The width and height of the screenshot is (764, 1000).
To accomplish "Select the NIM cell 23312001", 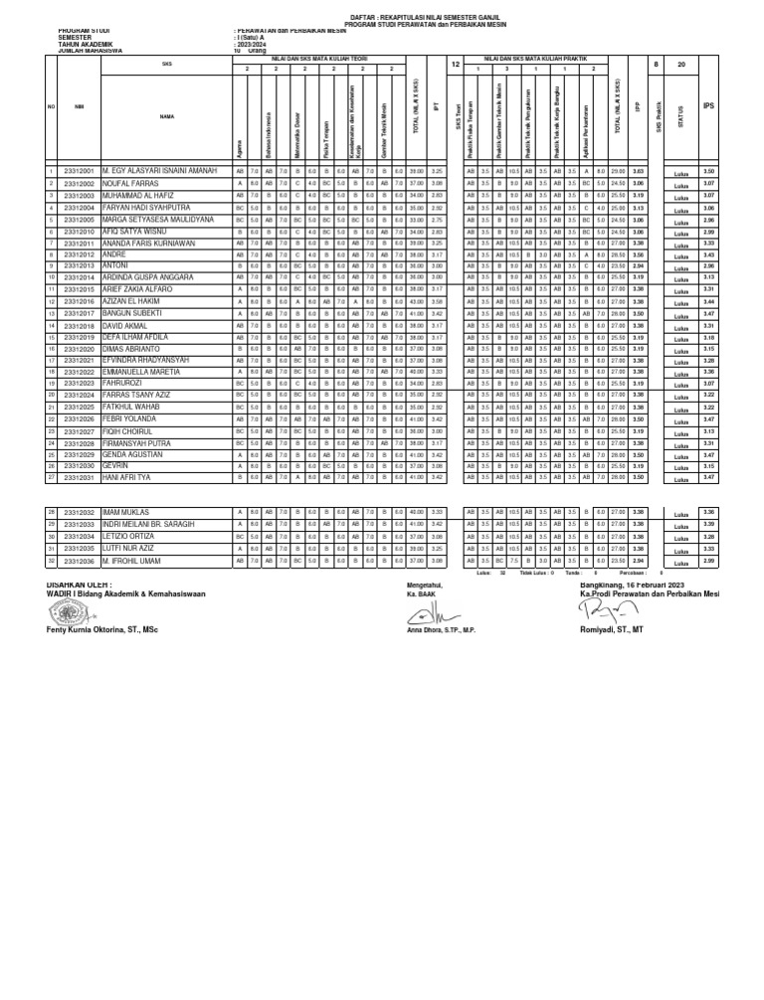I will [x=78, y=172].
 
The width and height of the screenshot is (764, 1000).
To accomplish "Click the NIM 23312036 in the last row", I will [x=78, y=562].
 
